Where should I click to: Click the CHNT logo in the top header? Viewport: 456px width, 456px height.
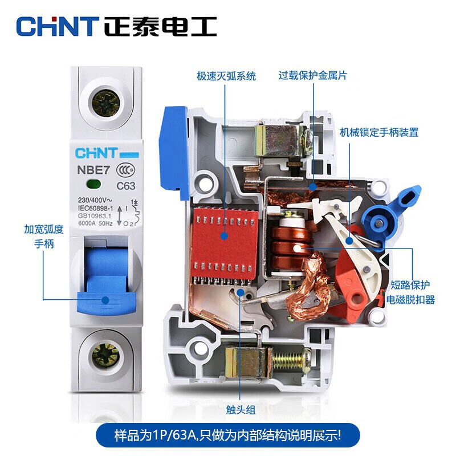[x=58, y=26]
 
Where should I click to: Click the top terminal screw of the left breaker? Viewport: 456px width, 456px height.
[x=106, y=104]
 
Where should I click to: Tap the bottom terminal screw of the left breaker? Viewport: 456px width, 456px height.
[x=105, y=356]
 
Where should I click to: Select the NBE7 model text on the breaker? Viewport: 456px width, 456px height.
[x=93, y=170]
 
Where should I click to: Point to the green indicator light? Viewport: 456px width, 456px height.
[x=93, y=184]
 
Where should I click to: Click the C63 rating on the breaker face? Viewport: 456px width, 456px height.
[x=126, y=186]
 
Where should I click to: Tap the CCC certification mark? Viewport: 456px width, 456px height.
[x=125, y=170]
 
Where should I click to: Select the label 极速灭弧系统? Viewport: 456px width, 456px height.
[x=226, y=76]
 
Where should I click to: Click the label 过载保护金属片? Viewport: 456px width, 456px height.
[x=313, y=76]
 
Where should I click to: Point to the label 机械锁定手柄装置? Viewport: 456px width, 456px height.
[x=379, y=133]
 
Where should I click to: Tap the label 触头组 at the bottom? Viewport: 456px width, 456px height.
[x=241, y=410]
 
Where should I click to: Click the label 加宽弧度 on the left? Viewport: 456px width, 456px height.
[x=44, y=230]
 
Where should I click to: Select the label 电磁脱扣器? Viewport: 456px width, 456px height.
[x=410, y=300]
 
